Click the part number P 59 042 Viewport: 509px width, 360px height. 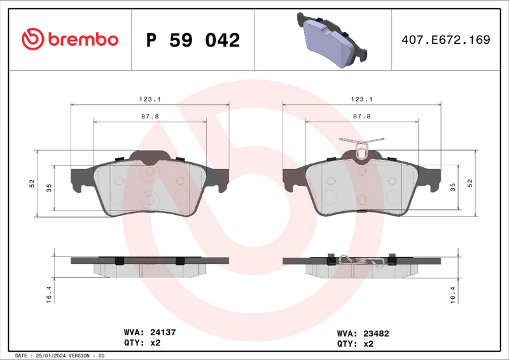(193, 40)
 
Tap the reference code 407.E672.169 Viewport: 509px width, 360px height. (445, 39)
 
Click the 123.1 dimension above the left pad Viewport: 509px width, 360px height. (150, 99)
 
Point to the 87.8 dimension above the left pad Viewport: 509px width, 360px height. (150, 116)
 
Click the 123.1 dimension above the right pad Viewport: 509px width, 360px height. (361, 99)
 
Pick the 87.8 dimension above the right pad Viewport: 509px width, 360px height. (361, 116)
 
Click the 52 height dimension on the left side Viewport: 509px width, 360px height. (31, 183)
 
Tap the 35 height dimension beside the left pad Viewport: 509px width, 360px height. (48, 187)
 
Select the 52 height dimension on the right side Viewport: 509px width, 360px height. (470, 183)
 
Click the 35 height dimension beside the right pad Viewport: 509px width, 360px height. (453, 187)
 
